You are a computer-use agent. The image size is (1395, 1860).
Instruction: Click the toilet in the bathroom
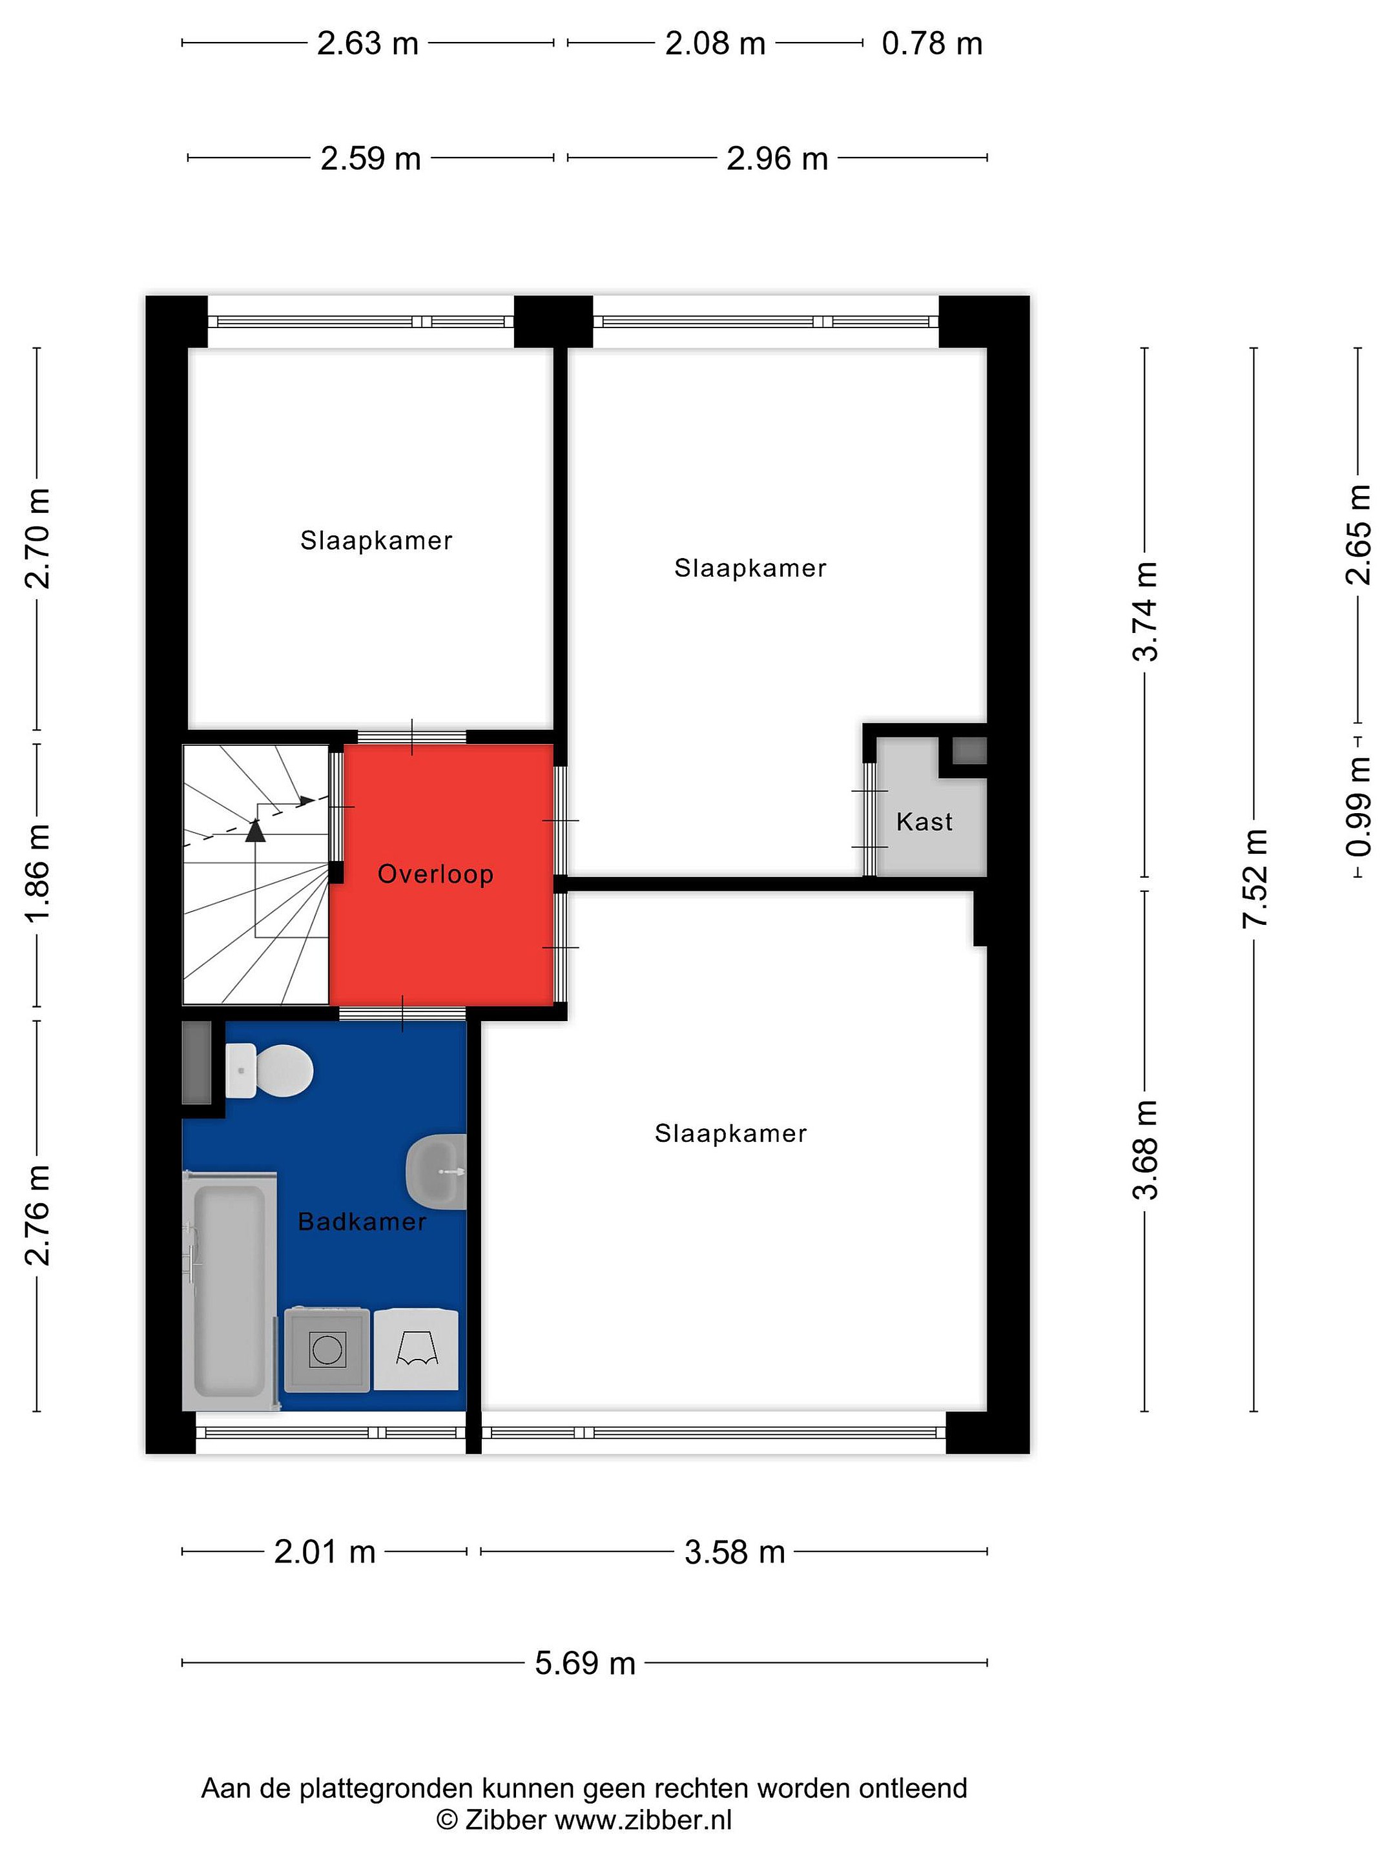pos(268,1070)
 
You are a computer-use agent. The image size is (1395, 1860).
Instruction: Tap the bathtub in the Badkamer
pos(229,1291)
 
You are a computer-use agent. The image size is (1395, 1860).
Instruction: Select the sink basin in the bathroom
pos(437,1172)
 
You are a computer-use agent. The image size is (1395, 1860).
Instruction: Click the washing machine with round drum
pos(326,1350)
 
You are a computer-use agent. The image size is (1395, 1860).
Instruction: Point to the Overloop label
pos(435,874)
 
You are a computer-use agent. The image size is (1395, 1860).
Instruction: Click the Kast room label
pos(924,821)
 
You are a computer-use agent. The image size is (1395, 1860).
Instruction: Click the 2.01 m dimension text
pos(325,1551)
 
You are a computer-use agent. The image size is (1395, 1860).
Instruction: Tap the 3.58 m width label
pos(734,1551)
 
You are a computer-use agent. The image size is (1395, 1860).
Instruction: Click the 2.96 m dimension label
pos(777,158)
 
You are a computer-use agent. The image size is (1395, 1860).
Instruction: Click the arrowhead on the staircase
pos(255,831)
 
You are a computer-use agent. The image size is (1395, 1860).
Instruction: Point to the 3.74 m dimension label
pos(1145,612)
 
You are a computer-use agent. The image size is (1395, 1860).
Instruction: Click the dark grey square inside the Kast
pos(969,750)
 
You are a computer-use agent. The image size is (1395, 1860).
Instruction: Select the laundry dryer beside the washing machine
pos(416,1350)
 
